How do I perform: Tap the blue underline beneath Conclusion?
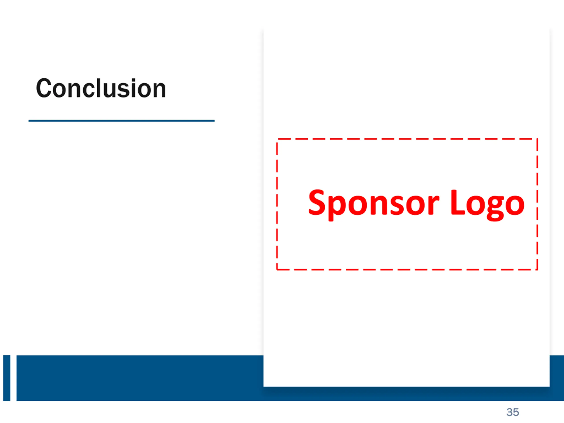(x=121, y=121)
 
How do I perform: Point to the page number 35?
(x=512, y=412)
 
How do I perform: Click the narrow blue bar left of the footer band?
(x=7, y=378)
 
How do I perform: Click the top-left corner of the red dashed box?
(x=277, y=139)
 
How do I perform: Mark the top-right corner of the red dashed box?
(x=537, y=139)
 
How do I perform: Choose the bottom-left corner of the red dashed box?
(x=277, y=269)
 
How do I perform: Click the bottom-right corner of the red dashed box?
(x=537, y=269)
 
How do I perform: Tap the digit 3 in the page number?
(x=509, y=412)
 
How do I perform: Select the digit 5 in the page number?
(x=516, y=412)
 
